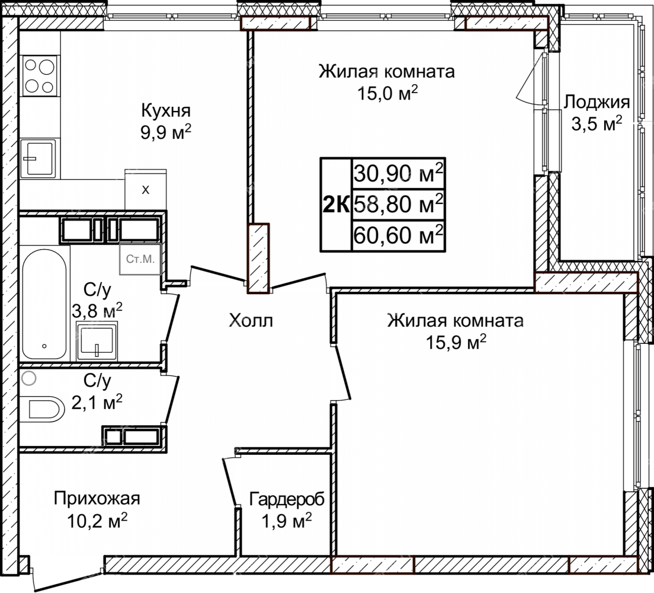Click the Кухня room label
[166, 111]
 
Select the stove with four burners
[39, 76]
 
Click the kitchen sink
[38, 157]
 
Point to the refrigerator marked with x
[146, 189]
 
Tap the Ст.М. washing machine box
[140, 259]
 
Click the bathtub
[44, 304]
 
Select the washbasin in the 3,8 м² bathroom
[97, 341]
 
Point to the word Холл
[251, 320]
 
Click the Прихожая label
[97, 499]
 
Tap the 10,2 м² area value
[97, 520]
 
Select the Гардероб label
[287, 499]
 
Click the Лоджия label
[597, 103]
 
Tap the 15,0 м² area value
[387, 93]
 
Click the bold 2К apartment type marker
[336, 205]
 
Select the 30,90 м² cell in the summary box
[399, 173]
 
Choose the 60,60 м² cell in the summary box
[399, 235]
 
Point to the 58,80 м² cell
[399, 204]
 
